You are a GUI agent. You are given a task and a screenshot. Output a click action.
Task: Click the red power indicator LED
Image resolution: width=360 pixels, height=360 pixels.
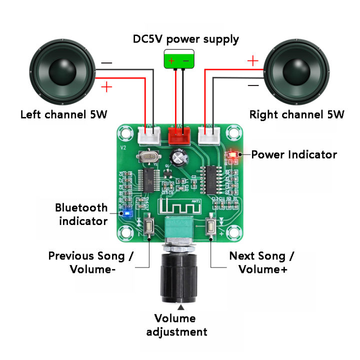point(233,155)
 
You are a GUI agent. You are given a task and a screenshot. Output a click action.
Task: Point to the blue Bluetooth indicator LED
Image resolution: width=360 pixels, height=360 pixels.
point(126,214)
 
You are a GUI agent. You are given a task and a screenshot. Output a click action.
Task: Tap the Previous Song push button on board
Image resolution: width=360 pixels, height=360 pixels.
point(149,226)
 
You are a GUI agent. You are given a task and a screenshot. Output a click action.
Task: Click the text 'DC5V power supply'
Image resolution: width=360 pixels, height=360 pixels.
point(185,39)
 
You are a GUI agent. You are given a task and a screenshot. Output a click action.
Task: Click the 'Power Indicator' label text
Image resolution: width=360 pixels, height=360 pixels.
point(293,154)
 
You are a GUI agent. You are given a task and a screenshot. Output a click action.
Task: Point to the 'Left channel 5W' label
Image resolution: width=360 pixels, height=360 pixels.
point(63,114)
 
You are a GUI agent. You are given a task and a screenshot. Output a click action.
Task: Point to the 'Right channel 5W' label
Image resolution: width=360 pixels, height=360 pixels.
point(296,114)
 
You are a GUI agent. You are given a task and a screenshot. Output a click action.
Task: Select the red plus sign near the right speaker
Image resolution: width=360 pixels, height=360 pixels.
point(253,61)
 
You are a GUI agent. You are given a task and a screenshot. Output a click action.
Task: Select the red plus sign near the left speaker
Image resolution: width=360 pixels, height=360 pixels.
point(106,87)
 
